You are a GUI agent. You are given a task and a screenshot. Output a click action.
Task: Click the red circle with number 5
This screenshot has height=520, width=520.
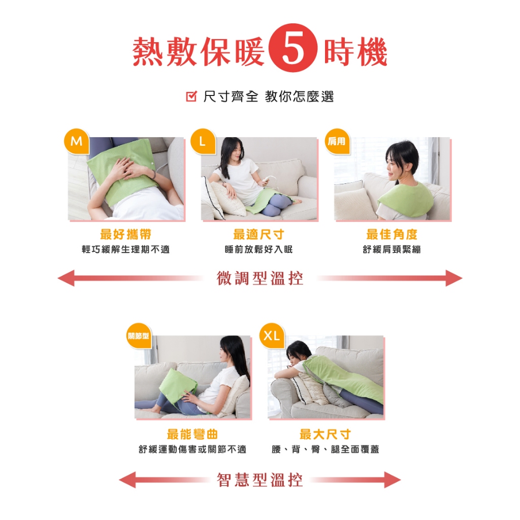pos(293,48)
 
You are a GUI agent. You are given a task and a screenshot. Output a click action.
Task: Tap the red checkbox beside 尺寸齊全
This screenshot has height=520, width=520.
pos(191,96)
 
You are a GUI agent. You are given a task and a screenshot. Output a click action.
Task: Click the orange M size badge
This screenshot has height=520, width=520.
pos(77,142)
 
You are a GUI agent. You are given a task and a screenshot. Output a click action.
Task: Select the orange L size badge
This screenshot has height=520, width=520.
pos(203,142)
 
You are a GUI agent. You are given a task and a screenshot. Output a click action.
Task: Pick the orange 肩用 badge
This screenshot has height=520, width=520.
pos(337,142)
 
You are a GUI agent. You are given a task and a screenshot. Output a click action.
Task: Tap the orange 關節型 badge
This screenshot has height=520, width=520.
pos(139,336)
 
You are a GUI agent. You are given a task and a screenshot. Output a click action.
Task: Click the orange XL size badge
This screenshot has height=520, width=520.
pos(272,336)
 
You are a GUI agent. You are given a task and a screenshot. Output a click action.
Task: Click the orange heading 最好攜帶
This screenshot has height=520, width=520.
pos(126,234)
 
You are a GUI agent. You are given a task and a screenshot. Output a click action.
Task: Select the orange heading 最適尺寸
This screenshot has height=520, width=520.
pos(258,234)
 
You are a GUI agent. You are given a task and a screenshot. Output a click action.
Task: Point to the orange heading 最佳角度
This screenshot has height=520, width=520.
pos(392,234)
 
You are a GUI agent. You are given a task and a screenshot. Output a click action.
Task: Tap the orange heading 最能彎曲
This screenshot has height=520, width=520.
pos(192,434)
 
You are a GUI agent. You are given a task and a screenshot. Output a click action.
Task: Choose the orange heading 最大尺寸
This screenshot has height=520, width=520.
pos(325,434)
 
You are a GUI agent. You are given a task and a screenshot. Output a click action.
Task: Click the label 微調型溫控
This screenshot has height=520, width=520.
pos(260,278)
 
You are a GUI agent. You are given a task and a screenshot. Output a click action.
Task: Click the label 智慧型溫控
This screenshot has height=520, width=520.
pos(260,479)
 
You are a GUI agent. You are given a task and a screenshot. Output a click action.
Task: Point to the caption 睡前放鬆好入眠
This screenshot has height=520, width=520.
pos(258,249)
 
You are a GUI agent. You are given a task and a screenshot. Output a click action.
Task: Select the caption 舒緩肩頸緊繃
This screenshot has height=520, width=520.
pos(392,249)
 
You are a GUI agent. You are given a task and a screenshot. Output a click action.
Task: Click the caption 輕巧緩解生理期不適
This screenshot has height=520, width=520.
pos(126,249)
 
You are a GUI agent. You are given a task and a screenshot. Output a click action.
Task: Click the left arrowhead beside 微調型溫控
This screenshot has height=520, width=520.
pos(66,278)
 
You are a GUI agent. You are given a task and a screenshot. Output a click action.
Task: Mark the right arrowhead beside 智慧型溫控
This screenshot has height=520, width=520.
pos(393,479)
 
